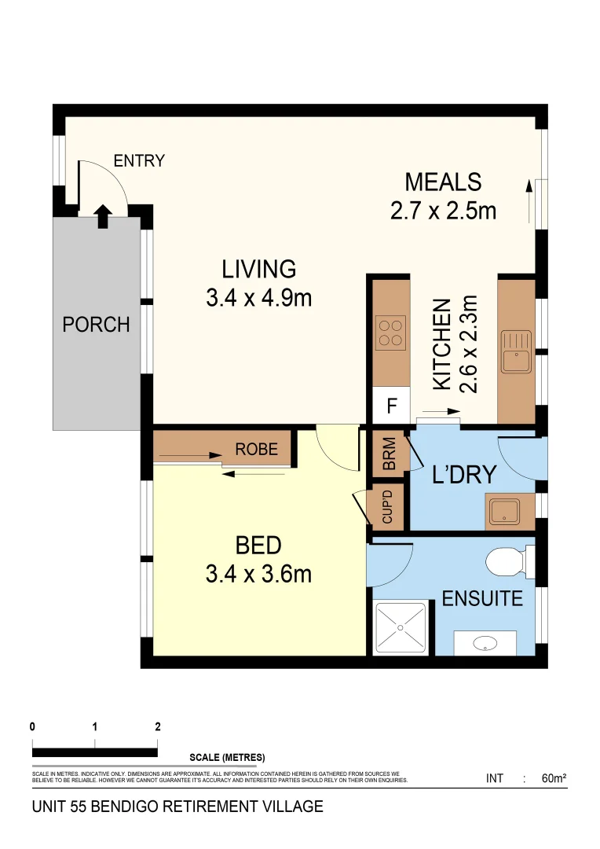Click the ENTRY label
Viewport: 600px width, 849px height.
click(139, 161)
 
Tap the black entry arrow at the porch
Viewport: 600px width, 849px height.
click(104, 217)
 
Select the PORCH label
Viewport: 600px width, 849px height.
click(97, 325)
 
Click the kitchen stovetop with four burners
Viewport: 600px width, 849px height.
click(390, 333)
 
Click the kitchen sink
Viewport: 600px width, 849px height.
click(516, 352)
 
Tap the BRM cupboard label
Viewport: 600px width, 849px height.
click(390, 454)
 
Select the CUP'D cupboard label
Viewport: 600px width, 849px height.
click(387, 507)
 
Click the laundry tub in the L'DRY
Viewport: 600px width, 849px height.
click(504, 512)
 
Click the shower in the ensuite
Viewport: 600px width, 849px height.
click(401, 627)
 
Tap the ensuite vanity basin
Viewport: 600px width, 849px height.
click(485, 643)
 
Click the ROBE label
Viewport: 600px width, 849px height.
click(257, 449)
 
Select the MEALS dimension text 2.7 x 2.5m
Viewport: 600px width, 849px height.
click(443, 211)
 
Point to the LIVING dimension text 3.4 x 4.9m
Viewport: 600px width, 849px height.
click(258, 298)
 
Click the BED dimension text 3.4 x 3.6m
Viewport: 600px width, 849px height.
click(258, 574)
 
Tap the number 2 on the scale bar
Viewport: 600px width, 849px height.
click(157, 726)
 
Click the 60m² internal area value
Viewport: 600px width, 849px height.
click(554, 778)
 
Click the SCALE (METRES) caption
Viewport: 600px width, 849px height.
click(227, 758)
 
